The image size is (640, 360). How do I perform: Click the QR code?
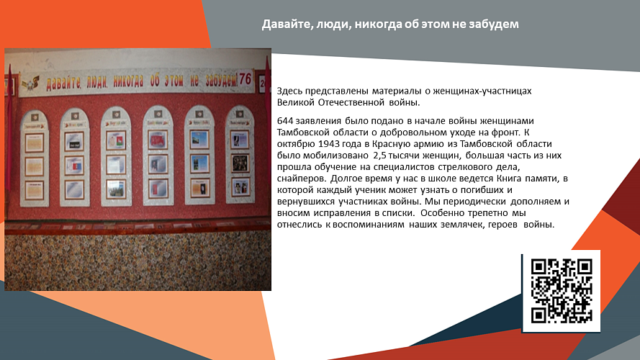(x=561, y=291)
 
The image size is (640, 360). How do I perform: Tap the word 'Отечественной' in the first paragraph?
(x=339, y=102)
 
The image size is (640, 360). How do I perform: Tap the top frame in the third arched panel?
(x=115, y=138)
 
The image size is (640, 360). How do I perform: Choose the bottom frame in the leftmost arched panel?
(x=34, y=189)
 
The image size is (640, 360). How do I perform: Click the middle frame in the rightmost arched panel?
(x=240, y=161)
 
